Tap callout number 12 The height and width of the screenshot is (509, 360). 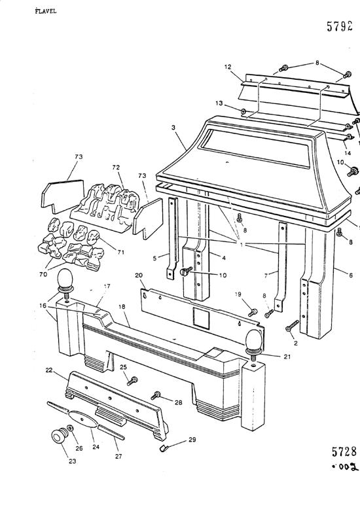(x=228, y=67)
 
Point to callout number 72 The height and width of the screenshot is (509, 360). (x=117, y=168)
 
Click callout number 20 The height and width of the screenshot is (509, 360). (x=138, y=275)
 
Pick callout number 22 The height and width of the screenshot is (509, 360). (x=67, y=370)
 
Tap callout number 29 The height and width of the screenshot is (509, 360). (x=192, y=440)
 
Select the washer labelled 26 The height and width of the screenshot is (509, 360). (x=71, y=429)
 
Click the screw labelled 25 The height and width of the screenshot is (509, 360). (x=134, y=380)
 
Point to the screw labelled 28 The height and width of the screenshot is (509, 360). (x=157, y=395)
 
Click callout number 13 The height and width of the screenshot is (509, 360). (x=219, y=104)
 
